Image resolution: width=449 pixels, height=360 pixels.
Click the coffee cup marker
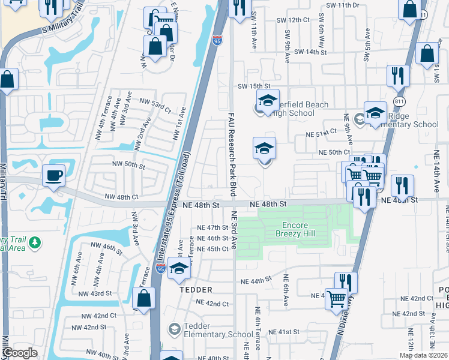point(53,176)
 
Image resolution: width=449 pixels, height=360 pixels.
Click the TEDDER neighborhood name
point(196,290)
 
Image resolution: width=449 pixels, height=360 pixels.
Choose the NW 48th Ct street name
point(121,197)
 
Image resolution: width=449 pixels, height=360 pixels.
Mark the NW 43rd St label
point(95,293)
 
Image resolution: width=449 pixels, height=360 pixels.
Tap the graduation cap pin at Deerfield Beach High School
point(268,100)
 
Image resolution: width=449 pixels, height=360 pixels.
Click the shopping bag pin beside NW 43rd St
point(144,298)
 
